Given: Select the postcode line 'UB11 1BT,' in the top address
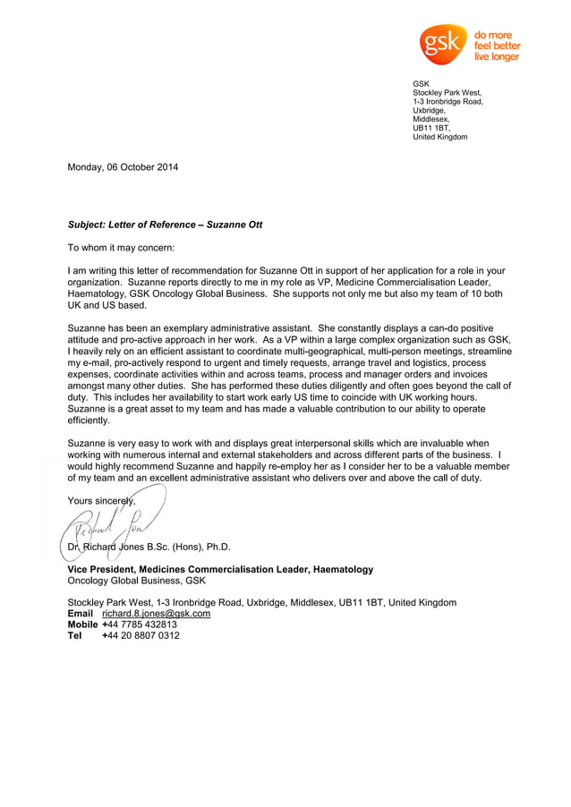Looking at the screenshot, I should point(431,128).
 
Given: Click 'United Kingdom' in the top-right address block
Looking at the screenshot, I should point(439,137).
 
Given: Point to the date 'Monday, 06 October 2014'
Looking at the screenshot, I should point(124,166).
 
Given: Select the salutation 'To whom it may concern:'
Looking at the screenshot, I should point(122,247).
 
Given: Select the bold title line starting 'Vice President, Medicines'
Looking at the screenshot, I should point(220,569).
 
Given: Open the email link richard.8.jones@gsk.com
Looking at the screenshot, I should point(156,614).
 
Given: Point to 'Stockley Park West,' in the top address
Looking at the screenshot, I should point(447,92).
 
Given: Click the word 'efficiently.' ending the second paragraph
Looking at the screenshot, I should point(89,420).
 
